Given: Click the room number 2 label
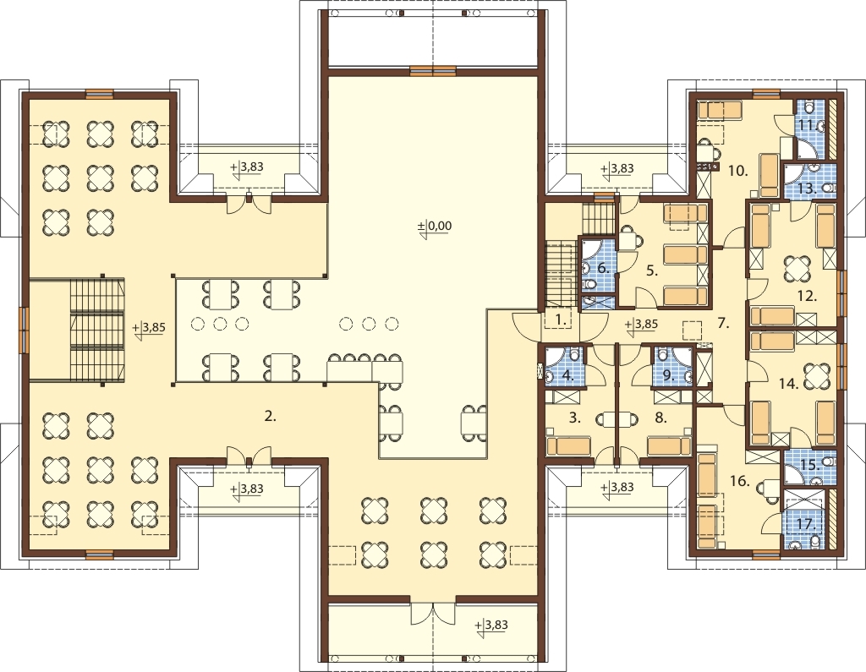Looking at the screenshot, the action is point(270,417).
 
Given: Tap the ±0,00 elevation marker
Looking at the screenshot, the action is point(434,226).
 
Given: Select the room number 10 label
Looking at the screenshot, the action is point(737,171).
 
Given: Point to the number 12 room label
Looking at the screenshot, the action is point(807,296).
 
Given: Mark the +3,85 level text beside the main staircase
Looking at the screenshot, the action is point(149,327).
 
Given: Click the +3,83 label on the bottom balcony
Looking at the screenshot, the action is point(491,625).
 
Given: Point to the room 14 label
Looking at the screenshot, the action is point(789,383).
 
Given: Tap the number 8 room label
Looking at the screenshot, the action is point(660,418).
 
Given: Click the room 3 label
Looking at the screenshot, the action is point(574,418).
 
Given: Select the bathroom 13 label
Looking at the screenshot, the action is point(807,188).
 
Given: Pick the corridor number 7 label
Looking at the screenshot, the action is point(724,324).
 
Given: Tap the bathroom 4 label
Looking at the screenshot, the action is point(567,375).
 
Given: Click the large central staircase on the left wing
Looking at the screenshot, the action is point(96,330).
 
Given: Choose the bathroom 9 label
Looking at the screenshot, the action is point(668,375).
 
